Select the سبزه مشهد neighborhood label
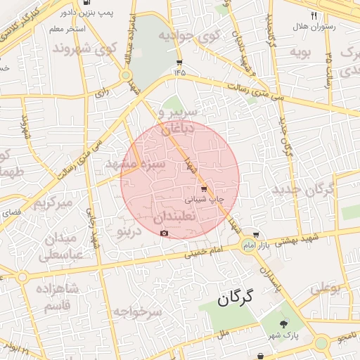coord(135,164)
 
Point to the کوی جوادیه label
coord(188,34)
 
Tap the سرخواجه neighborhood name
coord(138,311)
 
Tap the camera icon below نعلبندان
coord(164,233)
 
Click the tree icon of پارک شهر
coord(283,324)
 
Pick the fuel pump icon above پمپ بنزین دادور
coord(86,3)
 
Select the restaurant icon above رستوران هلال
coord(314,15)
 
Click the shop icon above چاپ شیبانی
coord(204,189)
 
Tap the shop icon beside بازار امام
coord(256,236)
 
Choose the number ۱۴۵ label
coord(179,72)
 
